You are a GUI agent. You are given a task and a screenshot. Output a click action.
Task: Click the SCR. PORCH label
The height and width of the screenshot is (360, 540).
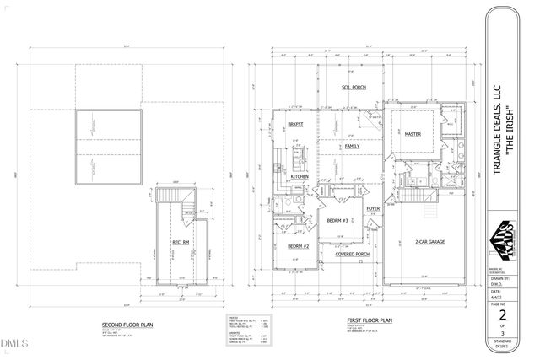click(x=341, y=87)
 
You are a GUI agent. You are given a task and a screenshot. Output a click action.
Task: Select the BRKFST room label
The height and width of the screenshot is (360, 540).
click(x=294, y=126)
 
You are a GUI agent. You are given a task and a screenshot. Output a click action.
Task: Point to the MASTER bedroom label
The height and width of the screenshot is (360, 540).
click(x=412, y=134)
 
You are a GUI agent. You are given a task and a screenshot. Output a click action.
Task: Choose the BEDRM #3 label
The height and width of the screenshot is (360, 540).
click(x=340, y=221)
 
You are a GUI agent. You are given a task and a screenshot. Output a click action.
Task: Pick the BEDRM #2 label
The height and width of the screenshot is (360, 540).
click(x=299, y=245)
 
